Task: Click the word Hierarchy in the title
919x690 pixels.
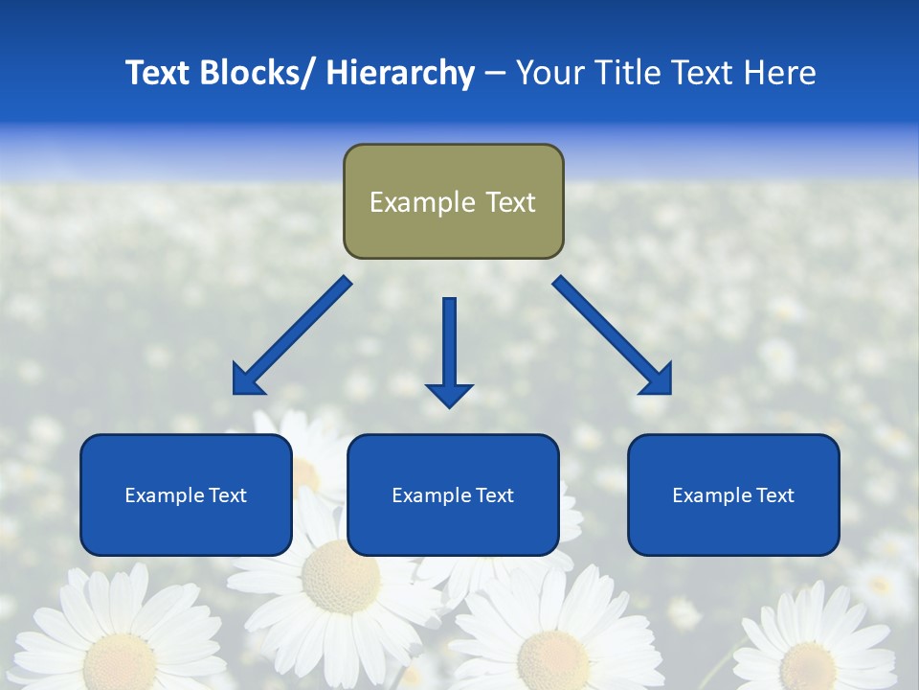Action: tap(400, 73)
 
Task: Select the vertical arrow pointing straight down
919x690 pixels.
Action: tap(449, 350)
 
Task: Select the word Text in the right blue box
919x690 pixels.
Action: tap(774, 495)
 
